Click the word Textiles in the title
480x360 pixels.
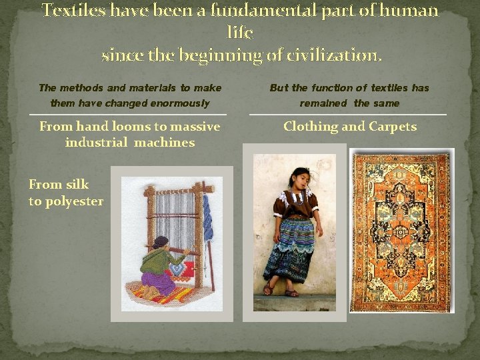tap(70, 11)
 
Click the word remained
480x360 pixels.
tap(324, 103)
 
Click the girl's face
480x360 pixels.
tap(301, 179)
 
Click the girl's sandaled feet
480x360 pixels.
tap(279, 290)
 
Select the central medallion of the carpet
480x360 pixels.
tap(401, 231)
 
